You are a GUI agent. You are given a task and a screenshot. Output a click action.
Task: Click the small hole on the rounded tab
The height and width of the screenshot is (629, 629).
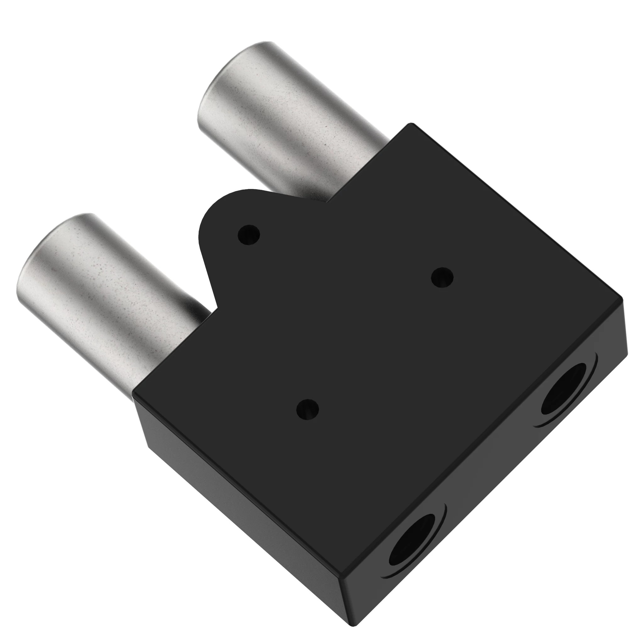pyautogui.click(x=249, y=234)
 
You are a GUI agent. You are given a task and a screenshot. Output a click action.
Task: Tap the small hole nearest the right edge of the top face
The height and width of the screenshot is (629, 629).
pyautogui.click(x=442, y=278)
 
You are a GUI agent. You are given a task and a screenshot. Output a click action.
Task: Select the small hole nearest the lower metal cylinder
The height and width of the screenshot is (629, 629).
pyautogui.click(x=307, y=409)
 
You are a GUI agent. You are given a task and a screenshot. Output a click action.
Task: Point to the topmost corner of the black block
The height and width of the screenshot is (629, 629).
pyautogui.click(x=411, y=124)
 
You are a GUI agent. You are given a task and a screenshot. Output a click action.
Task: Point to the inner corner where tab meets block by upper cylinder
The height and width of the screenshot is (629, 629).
pyautogui.click(x=327, y=201)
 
